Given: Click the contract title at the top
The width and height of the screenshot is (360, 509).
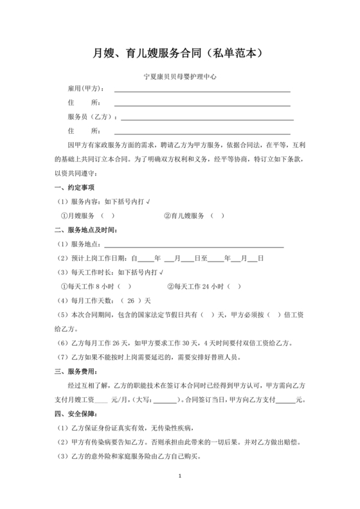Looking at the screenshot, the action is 180,53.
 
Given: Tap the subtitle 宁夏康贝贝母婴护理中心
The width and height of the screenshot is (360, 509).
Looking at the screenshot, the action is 180,76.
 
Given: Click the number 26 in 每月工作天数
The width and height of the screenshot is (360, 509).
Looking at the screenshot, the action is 131,301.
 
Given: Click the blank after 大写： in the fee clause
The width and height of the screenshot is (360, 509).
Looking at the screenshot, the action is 168,400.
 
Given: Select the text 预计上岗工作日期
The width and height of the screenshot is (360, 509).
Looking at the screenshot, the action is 99,258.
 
